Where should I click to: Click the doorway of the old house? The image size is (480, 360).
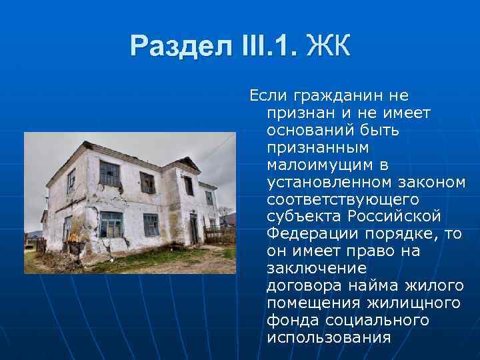click(x=193, y=228)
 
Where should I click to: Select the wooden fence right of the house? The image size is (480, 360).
click(x=219, y=235)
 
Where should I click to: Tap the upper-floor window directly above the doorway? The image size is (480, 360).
click(x=188, y=186)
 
